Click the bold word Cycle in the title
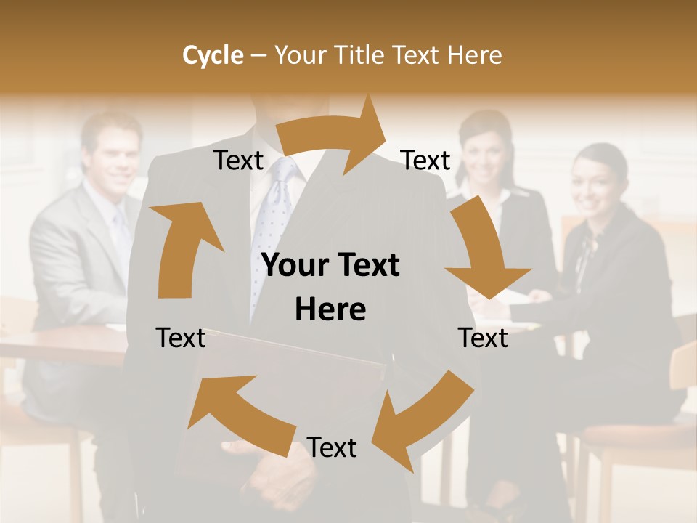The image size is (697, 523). click(x=213, y=55)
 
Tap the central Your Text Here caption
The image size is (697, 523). click(x=330, y=287)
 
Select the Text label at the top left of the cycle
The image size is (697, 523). click(x=238, y=161)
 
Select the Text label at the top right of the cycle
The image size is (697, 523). click(x=425, y=161)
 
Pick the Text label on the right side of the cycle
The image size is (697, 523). click(x=483, y=338)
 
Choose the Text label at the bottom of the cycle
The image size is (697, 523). click(x=332, y=448)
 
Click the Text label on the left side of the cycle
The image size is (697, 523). click(x=181, y=338)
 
